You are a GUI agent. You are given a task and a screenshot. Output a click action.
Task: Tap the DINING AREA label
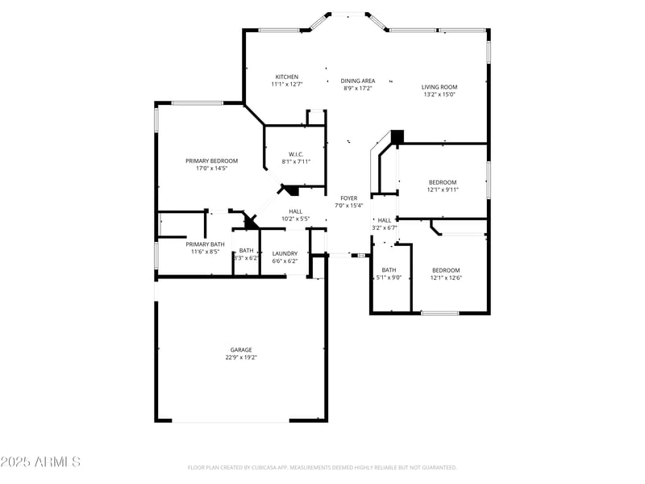point(358,81)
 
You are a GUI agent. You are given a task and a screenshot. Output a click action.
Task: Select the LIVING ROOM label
point(440,87)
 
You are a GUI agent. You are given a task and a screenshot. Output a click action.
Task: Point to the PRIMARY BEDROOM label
point(211,161)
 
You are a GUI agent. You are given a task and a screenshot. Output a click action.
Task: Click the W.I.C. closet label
point(296,154)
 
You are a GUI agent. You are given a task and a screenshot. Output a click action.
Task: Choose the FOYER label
point(349,198)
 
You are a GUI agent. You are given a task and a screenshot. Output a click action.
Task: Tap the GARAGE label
point(241,350)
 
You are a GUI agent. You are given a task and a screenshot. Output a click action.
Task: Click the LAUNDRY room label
point(285,253)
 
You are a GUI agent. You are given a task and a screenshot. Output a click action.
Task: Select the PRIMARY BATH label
point(205,244)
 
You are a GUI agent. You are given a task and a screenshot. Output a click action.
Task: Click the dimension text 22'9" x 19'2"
point(241,357)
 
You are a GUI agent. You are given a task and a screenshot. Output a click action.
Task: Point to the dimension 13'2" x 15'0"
point(440,94)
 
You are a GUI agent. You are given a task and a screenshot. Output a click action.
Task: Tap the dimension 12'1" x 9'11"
point(443,190)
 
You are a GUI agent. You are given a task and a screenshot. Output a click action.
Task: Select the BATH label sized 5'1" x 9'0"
point(389,270)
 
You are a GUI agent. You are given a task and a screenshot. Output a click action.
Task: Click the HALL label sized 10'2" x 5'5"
point(296,211)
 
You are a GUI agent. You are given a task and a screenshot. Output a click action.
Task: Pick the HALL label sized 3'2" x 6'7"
point(385,220)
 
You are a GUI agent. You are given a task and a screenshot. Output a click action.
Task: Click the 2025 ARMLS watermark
point(40,462)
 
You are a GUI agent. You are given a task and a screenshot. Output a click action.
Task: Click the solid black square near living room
point(396,136)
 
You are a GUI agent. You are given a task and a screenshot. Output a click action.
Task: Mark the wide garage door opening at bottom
point(241,421)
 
